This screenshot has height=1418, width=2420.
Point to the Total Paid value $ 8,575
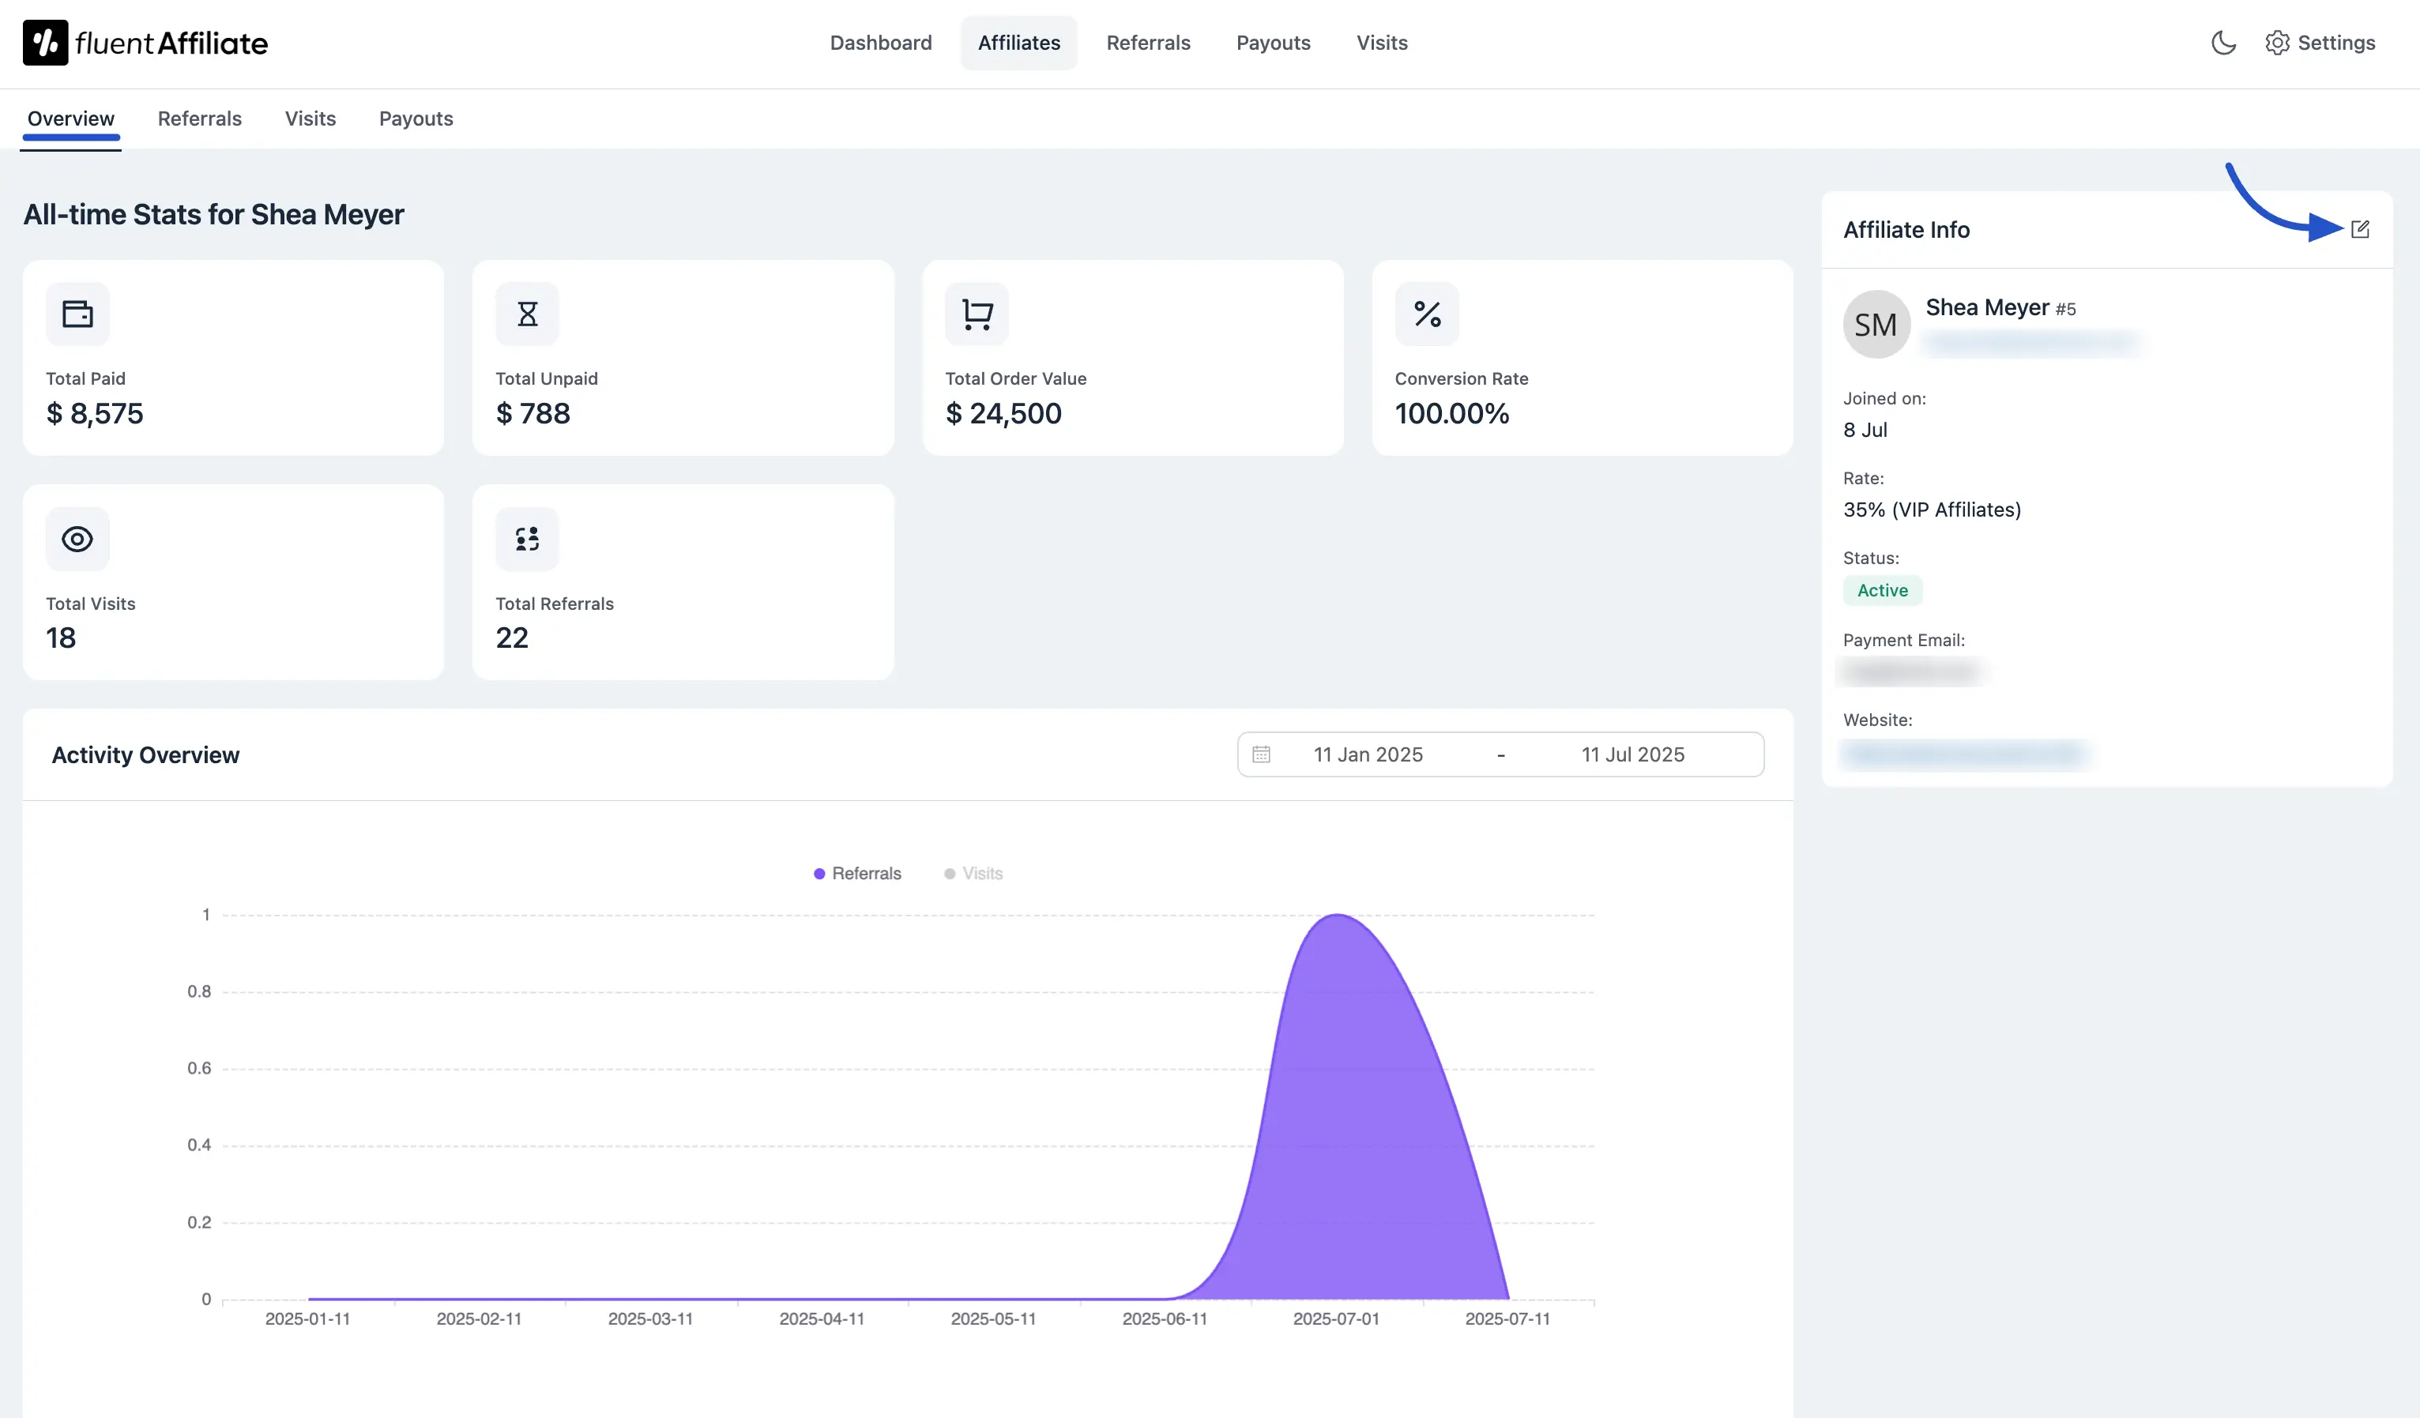pyautogui.click(x=95, y=414)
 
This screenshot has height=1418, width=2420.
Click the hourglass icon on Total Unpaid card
pyautogui.click(x=527, y=314)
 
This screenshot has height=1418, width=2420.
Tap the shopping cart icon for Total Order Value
pyautogui.click(x=977, y=314)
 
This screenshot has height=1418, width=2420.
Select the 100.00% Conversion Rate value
pyautogui.click(x=1451, y=414)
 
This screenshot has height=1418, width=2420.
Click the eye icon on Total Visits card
pyautogui.click(x=77, y=540)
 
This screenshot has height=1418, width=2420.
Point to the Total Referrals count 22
pyautogui.click(x=512, y=638)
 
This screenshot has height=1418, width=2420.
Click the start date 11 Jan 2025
pyautogui.click(x=1368, y=755)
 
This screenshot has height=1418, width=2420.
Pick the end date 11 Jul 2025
pyautogui.click(x=1632, y=755)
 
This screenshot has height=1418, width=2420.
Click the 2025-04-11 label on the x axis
pyautogui.click(x=821, y=1319)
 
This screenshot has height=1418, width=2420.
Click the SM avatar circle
pyautogui.click(x=1876, y=325)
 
